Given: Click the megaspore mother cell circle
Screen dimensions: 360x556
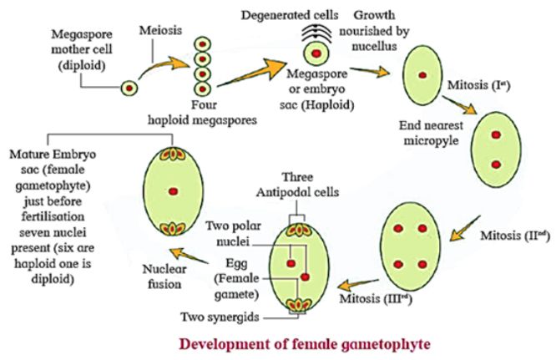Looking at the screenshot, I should (x=129, y=86).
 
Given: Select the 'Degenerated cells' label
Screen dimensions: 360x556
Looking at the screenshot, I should (x=275, y=15).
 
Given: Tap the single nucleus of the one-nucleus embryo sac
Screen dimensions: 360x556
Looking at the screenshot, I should (x=423, y=76).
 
